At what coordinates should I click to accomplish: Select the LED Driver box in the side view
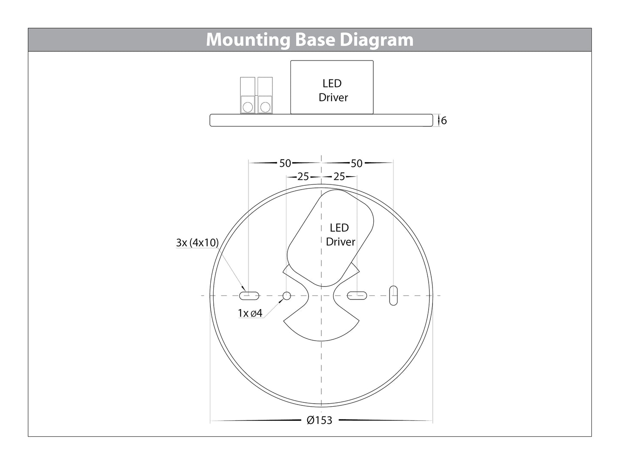coord(332,88)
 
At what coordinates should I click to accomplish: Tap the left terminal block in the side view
coord(248,96)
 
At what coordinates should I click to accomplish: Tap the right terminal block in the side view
coord(265,96)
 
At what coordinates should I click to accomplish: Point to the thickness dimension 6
coord(444,121)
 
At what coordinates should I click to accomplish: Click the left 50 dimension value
coord(285,163)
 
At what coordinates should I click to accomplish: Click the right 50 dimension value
coord(357,163)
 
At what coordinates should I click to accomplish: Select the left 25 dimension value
coord(303,176)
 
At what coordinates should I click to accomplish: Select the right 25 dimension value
coord(339,176)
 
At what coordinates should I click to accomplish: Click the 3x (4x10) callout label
coord(197,242)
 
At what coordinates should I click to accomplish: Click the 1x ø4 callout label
coord(250,313)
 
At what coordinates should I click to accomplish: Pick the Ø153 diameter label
coord(320,420)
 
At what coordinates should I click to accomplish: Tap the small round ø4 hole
coord(287,296)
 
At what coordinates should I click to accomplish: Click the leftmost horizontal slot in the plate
coord(249,295)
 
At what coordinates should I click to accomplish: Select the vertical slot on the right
coord(393,296)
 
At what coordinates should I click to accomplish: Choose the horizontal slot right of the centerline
coord(357,295)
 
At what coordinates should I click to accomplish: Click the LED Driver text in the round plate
coord(340,235)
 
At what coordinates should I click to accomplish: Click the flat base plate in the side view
coord(321,120)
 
